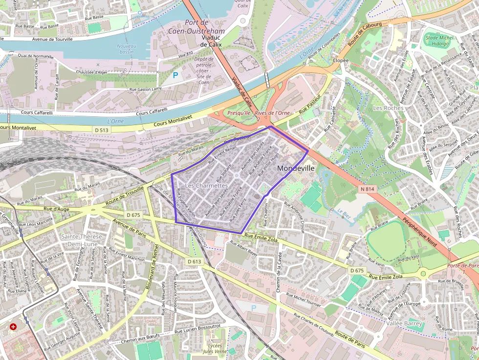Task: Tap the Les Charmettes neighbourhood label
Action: click(x=206, y=186)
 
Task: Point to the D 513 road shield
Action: click(x=102, y=130)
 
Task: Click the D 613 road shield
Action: click(x=194, y=261)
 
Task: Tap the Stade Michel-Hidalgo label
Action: click(x=439, y=41)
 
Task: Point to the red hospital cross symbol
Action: click(x=13, y=326)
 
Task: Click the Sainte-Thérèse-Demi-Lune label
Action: click(x=82, y=240)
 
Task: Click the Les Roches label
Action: click(x=388, y=107)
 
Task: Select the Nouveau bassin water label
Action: click(x=127, y=49)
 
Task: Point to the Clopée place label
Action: click(x=340, y=61)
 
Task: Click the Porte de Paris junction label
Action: click(x=462, y=266)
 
